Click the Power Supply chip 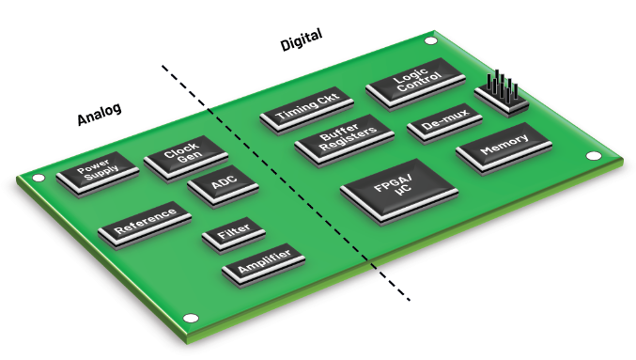pyautogui.click(x=97, y=175)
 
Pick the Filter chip pyautogui.click(x=232, y=237)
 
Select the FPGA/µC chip pyautogui.click(x=397, y=190)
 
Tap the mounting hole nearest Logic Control pyautogui.click(x=430, y=41)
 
